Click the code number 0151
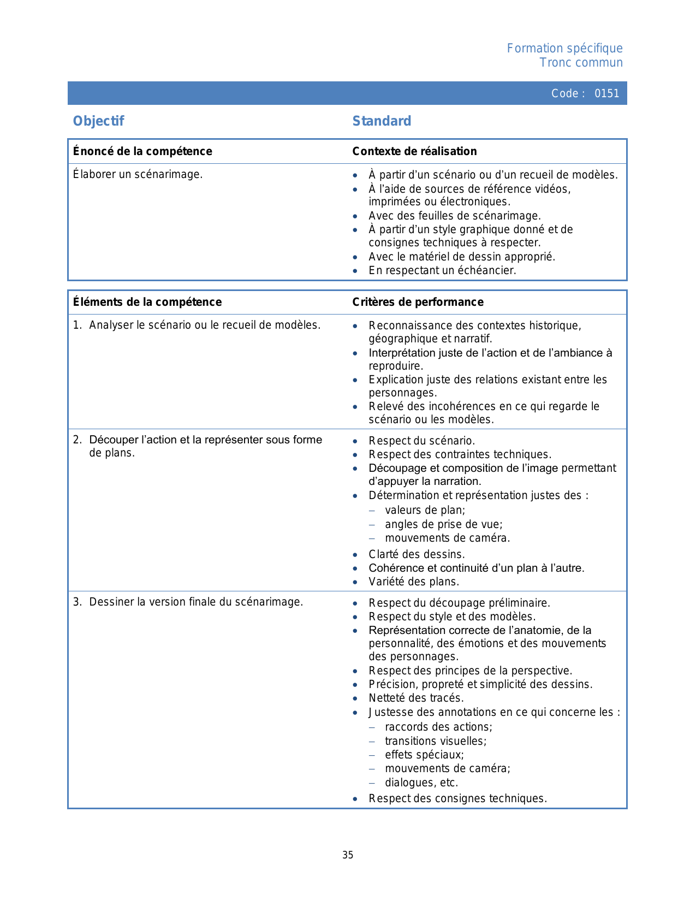click(606, 93)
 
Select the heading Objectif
click(99, 121)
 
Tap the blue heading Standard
click(382, 121)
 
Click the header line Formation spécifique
click(564, 49)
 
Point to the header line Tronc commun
click(581, 63)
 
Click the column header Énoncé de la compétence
click(142, 151)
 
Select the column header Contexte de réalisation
click(414, 151)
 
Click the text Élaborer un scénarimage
click(138, 175)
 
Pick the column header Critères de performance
click(418, 302)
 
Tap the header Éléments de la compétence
click(147, 302)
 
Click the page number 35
click(348, 855)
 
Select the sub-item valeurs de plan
click(425, 511)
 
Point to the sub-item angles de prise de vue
click(443, 525)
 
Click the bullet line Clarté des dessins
click(417, 554)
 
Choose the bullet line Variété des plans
click(414, 582)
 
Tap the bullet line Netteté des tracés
click(416, 698)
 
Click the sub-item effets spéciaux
click(424, 755)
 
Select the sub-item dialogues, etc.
click(421, 783)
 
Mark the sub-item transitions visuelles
click(436, 741)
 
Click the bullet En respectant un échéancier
click(442, 270)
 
